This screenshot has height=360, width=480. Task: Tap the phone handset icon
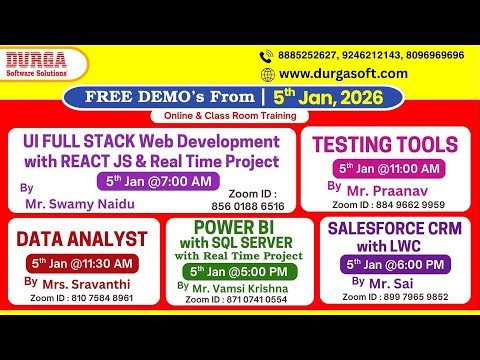pos(267,56)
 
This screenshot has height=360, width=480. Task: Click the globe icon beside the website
pos(267,74)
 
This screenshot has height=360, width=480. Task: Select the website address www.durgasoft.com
pos(343,74)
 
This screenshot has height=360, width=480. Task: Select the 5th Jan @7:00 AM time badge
pos(159,181)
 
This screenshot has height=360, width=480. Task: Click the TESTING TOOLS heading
pos(385,143)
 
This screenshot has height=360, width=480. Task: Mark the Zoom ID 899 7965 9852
pos(396,297)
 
